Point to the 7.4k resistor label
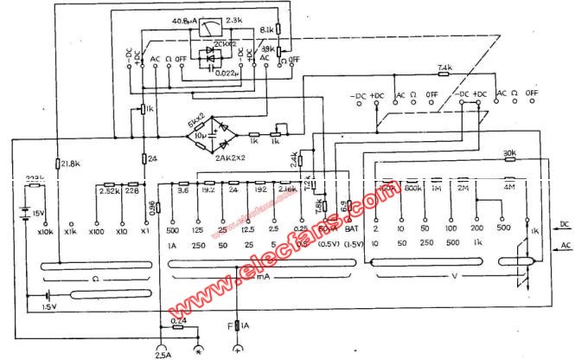[444, 67]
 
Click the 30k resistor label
[510, 156]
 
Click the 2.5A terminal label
[163, 353]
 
